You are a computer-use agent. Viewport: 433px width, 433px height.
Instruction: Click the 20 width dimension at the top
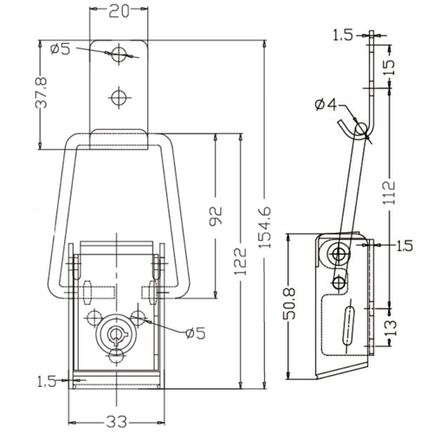pos(119,12)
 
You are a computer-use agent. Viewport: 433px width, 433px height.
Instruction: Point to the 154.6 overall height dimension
pos(264,227)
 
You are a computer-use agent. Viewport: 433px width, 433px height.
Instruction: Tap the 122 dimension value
pos(241,261)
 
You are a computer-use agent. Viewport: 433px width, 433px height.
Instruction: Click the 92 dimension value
pos(216,216)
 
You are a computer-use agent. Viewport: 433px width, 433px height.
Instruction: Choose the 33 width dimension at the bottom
pos(117,422)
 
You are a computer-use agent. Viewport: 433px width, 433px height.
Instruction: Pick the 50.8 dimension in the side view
pos(289,303)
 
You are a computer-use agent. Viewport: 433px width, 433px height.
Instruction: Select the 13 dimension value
pos(391,327)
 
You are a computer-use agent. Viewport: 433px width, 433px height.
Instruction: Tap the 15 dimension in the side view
pos(389,68)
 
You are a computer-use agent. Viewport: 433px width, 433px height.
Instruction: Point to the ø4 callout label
pos(326,105)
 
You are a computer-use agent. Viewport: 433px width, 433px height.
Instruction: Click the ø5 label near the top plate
pos(60,49)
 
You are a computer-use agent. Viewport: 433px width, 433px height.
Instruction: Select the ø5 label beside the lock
pos(196,333)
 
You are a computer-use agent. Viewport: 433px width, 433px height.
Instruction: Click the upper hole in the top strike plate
pos(119,54)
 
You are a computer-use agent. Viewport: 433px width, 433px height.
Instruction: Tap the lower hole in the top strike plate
pos(119,97)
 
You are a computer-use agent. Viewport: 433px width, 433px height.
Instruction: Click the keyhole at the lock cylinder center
pos(116,333)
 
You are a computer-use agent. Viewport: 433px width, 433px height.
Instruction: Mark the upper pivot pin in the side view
pos(338,255)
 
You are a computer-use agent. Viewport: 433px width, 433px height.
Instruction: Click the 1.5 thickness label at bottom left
pos(46,382)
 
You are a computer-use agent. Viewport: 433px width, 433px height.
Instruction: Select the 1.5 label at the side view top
pos(343,36)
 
